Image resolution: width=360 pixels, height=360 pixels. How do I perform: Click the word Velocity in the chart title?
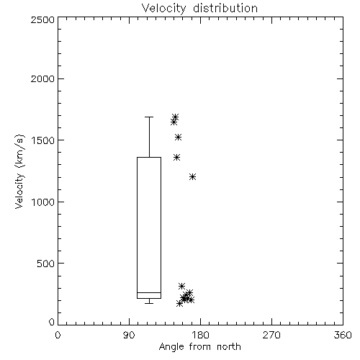[164, 8]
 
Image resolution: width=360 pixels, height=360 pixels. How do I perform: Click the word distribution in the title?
[225, 8]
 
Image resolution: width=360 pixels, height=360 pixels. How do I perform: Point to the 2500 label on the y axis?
[42, 19]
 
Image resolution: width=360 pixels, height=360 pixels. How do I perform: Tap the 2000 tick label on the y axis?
[42, 78]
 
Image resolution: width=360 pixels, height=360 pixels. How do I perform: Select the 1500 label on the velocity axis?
[43, 140]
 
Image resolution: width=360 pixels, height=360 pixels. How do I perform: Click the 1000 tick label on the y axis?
[43, 202]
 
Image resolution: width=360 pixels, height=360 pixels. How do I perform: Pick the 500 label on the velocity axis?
[45, 264]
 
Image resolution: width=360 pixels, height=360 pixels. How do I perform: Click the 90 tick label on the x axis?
[129, 335]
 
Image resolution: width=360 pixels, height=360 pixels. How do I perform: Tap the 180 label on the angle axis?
[200, 335]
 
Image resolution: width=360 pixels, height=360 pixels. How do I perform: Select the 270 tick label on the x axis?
[271, 335]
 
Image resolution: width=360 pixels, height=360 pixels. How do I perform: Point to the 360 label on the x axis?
[343, 335]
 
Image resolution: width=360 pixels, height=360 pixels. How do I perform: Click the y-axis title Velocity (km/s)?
[20, 171]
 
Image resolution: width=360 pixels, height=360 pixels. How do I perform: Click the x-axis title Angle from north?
[200, 347]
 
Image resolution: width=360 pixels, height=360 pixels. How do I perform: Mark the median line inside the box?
[149, 292]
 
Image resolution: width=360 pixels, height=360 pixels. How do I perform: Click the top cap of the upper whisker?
[149, 117]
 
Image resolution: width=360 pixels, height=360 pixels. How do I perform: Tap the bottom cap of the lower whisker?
[149, 303]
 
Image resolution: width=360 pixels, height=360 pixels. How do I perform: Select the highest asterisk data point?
[176, 117]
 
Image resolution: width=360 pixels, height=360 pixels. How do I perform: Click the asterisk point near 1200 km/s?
[192, 177]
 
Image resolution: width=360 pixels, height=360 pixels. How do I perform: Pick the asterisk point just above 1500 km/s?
[178, 138]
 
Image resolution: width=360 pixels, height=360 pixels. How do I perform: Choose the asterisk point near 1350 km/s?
[177, 158]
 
